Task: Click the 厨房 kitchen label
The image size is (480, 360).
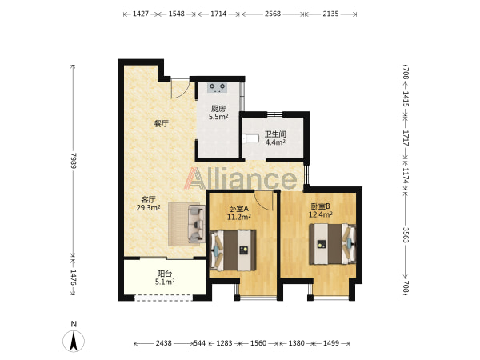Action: tap(218, 108)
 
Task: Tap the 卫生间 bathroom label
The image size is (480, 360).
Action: tap(275, 134)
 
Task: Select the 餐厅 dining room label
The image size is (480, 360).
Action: tap(162, 124)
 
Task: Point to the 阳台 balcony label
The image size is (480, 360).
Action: tap(164, 274)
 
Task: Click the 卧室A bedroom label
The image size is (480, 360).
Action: tap(238, 209)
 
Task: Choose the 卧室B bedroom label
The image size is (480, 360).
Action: tap(320, 206)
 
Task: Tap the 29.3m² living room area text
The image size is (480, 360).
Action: tap(149, 208)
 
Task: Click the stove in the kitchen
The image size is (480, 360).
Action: tap(217, 87)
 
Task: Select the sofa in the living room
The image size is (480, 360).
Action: tap(196, 224)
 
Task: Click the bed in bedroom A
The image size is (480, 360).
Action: tap(233, 250)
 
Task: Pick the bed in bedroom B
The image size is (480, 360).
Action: tap(333, 244)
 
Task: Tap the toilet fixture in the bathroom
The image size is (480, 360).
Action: tap(249, 138)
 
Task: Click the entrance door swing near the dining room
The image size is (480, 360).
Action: tap(179, 89)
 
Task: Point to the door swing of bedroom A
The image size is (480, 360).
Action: tap(265, 201)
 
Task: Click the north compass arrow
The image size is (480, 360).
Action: tap(74, 341)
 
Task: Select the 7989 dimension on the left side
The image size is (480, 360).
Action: tap(73, 161)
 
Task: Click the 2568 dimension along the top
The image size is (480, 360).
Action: tap(273, 14)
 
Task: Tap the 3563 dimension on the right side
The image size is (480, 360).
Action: tap(406, 234)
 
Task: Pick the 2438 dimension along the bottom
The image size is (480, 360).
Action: tap(164, 343)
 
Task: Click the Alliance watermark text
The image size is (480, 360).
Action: tap(240, 178)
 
